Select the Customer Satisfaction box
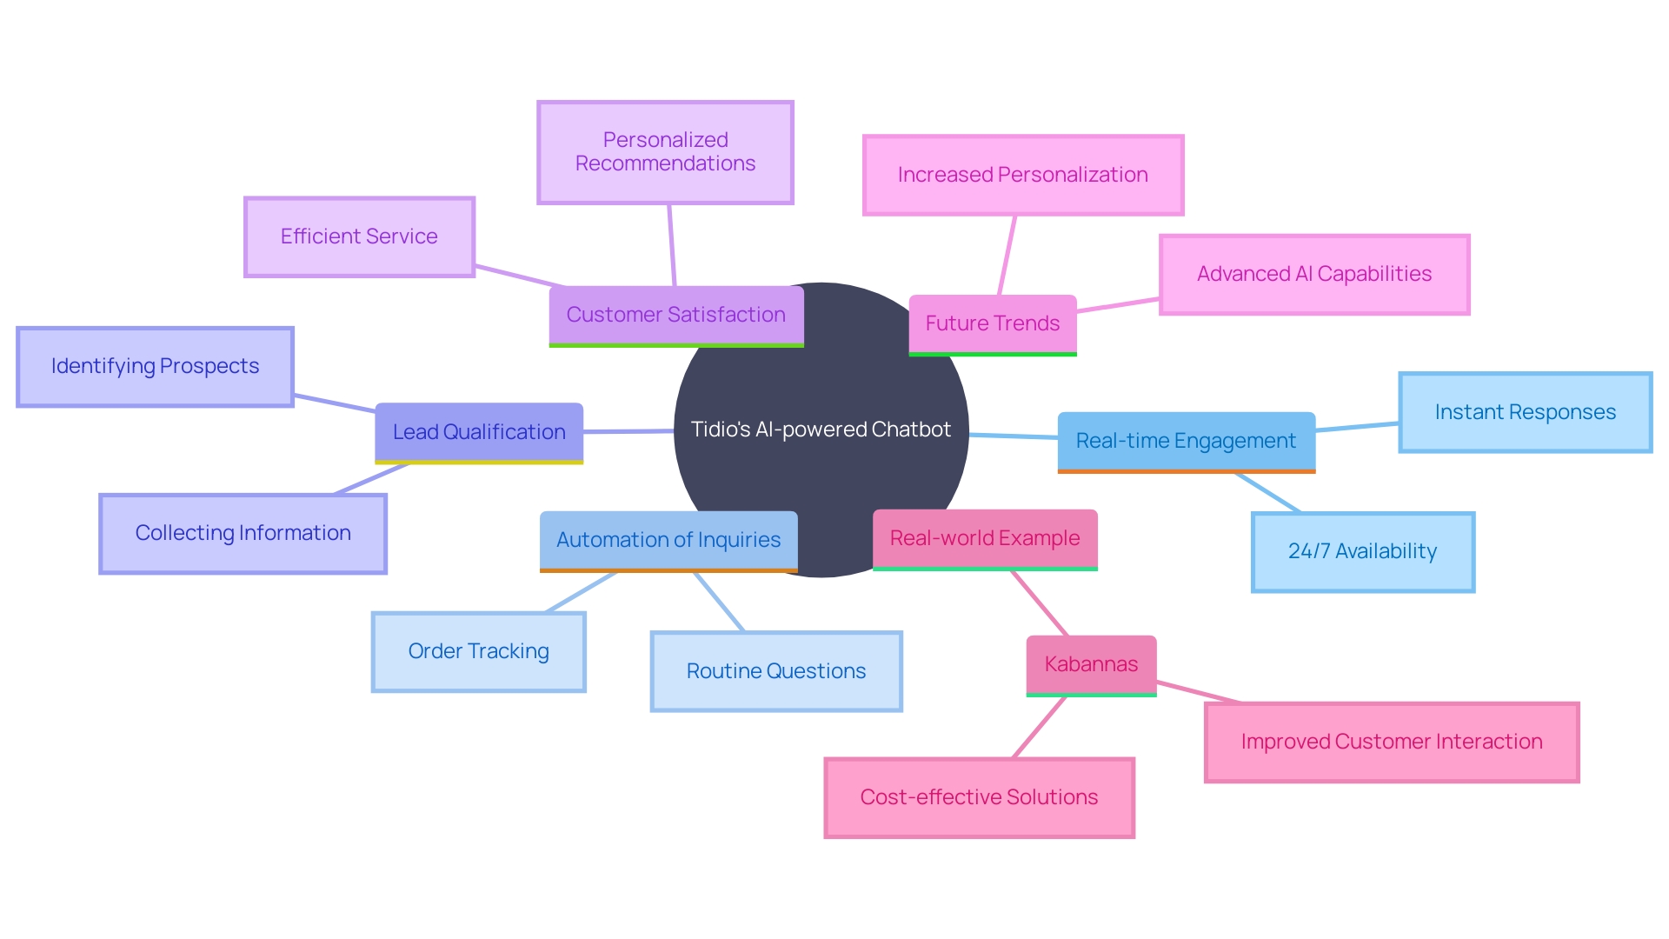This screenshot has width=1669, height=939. point(675,315)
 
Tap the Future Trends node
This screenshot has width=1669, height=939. point(992,323)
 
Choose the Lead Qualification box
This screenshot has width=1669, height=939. point(479,432)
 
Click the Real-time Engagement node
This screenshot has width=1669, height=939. point(1186,441)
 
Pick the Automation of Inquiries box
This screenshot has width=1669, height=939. point(668,540)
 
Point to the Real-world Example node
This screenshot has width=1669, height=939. point(984,538)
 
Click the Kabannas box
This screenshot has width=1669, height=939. point(1091,664)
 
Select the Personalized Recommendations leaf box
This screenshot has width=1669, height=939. point(665,152)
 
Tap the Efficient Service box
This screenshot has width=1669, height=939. point(359,236)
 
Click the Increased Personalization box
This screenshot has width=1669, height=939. point(1022,175)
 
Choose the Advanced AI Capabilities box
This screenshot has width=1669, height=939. point(1313,274)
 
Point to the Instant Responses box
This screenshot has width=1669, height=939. point(1525,412)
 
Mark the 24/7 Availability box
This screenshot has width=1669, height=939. point(1362,551)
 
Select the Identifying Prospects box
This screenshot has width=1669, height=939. point(155,366)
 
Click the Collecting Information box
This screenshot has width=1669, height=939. point(243,533)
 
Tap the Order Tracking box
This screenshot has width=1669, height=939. point(478,651)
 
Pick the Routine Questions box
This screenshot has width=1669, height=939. point(775,671)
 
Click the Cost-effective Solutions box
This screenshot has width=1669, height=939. point(979,797)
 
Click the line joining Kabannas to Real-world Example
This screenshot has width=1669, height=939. point(1040,603)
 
